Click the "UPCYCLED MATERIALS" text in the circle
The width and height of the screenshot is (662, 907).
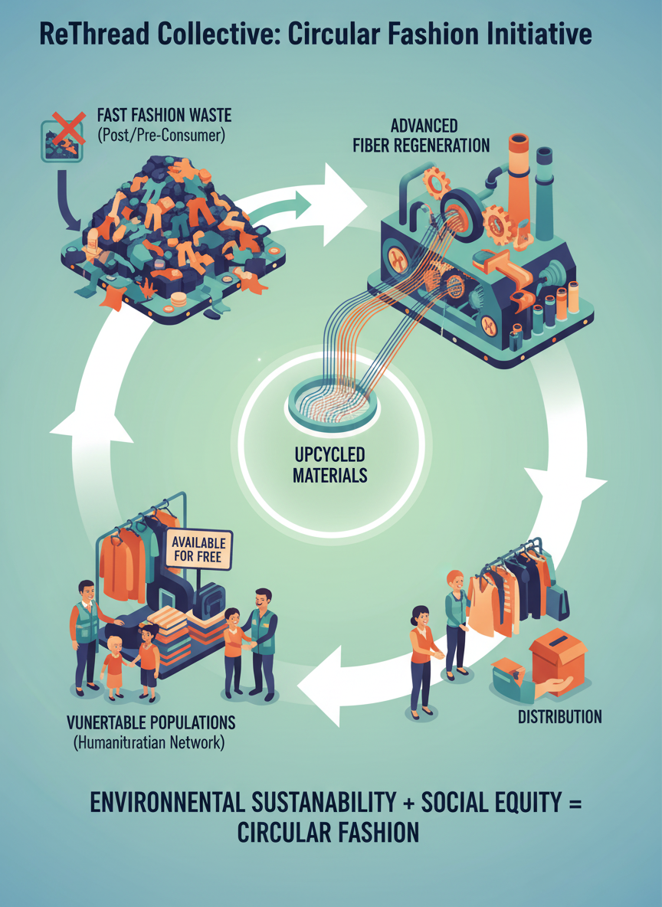(x=330, y=463)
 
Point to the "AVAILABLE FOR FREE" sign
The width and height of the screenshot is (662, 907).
(x=196, y=547)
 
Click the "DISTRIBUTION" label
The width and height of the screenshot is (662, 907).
(x=559, y=717)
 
